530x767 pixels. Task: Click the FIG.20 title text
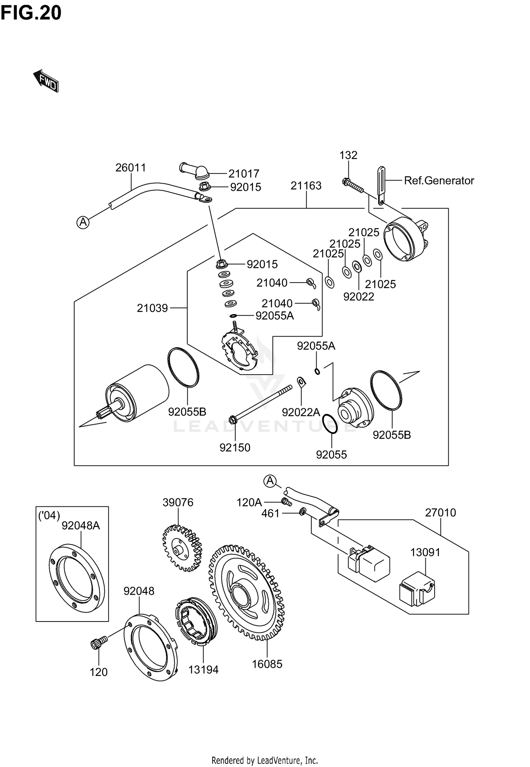(x=31, y=13)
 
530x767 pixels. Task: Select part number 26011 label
(x=131, y=168)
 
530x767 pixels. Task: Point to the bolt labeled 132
(x=353, y=186)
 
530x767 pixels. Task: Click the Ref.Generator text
(x=439, y=180)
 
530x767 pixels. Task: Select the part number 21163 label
(x=306, y=186)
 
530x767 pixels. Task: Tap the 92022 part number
(x=359, y=297)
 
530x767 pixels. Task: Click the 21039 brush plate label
(x=152, y=308)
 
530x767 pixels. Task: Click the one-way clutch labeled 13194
(x=196, y=622)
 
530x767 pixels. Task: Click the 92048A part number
(x=81, y=526)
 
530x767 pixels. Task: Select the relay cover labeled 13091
(x=417, y=590)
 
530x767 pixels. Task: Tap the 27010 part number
(x=440, y=512)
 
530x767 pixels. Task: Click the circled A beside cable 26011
(x=83, y=222)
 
